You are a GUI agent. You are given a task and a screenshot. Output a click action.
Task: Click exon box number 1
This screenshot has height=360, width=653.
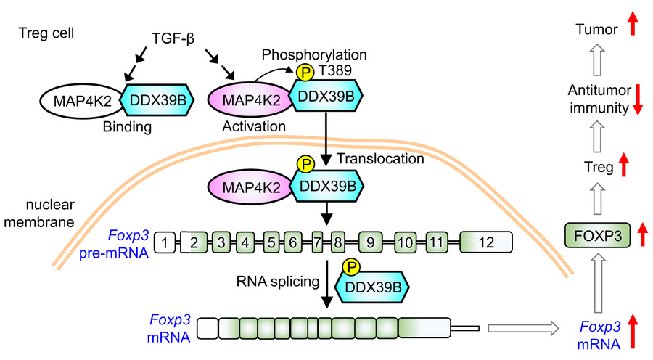point(166,242)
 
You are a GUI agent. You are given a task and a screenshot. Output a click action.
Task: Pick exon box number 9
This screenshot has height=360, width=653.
point(370,242)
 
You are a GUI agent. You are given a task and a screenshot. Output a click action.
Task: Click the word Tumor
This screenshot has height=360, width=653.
point(596,29)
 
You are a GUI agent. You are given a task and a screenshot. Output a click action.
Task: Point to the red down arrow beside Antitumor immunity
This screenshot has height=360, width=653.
point(638,99)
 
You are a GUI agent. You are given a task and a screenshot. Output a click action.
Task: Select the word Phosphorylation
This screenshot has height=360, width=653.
point(314,55)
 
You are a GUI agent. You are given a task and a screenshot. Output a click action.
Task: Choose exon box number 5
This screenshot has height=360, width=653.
point(271,242)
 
